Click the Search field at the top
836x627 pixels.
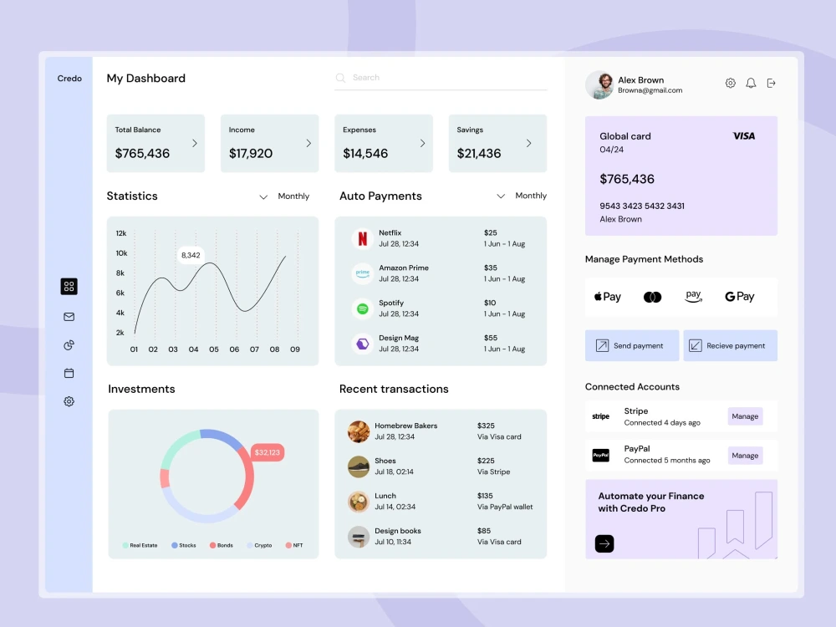(441, 78)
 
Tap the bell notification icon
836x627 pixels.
(751, 83)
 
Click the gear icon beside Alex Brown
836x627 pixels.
(730, 83)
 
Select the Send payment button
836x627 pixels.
(632, 345)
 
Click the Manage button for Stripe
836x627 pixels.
(745, 416)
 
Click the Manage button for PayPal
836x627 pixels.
(745, 456)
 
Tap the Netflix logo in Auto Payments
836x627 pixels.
(362, 238)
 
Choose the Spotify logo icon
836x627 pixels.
(362, 308)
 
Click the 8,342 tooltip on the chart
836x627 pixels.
(191, 255)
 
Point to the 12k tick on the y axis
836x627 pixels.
(121, 233)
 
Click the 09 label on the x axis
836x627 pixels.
(295, 349)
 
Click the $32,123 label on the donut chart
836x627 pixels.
(268, 452)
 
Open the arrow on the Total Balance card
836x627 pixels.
(195, 143)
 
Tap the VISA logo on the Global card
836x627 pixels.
(743, 135)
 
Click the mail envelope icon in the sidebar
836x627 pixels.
(69, 317)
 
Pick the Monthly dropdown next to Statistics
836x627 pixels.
(284, 196)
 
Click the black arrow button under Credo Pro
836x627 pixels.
(604, 543)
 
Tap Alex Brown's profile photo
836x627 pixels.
(599, 84)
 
